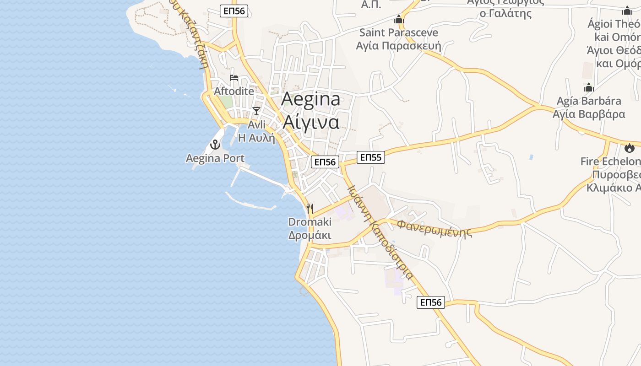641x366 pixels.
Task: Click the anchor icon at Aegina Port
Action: tap(215, 145)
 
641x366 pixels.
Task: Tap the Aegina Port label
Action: tap(215, 158)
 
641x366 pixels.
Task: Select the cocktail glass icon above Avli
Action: tap(256, 111)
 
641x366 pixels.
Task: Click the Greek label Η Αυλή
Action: tap(256, 137)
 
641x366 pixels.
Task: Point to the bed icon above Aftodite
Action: tap(234, 78)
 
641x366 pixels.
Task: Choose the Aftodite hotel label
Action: tap(234, 91)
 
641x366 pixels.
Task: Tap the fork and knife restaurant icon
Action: tap(310, 209)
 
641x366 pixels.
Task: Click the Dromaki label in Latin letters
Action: tap(310, 222)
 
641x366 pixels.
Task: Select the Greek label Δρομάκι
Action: tap(310, 235)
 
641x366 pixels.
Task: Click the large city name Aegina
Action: tap(311, 99)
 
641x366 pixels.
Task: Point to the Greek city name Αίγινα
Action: tap(311, 122)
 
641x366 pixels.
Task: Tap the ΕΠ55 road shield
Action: tap(371, 157)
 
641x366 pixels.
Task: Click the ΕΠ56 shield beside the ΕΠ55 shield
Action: tap(325, 161)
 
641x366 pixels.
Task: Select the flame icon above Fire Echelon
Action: tap(630, 148)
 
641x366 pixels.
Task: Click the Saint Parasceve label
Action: tap(398, 32)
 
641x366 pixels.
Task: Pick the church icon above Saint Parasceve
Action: tap(399, 20)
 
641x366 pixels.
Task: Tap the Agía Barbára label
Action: tap(589, 101)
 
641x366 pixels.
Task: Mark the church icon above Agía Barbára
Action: tap(589, 87)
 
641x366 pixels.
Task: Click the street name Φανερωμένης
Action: tap(434, 228)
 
